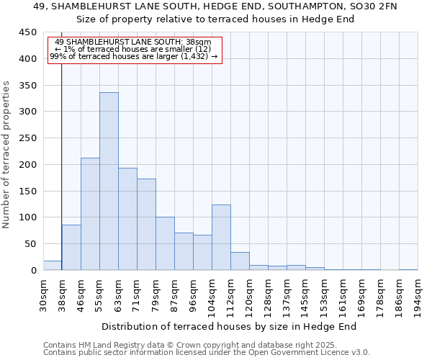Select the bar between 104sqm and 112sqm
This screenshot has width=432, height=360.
click(221, 238)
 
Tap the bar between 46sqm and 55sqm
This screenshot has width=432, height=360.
click(90, 214)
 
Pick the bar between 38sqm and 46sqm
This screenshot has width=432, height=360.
click(71, 248)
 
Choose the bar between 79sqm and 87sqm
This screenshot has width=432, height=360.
click(165, 243)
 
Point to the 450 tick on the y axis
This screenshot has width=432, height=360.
click(27, 32)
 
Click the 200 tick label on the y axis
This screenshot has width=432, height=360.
click(27, 165)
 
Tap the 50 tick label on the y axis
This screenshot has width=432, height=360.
click(30, 244)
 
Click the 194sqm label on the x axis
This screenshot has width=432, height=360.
click(418, 295)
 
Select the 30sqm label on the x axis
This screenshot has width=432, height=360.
click(43, 295)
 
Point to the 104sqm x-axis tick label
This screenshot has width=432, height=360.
click(212, 295)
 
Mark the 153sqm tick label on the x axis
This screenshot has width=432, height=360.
click(324, 295)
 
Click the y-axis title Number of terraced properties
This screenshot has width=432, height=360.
click(7, 155)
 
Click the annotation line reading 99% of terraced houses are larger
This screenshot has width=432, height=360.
click(133, 56)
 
